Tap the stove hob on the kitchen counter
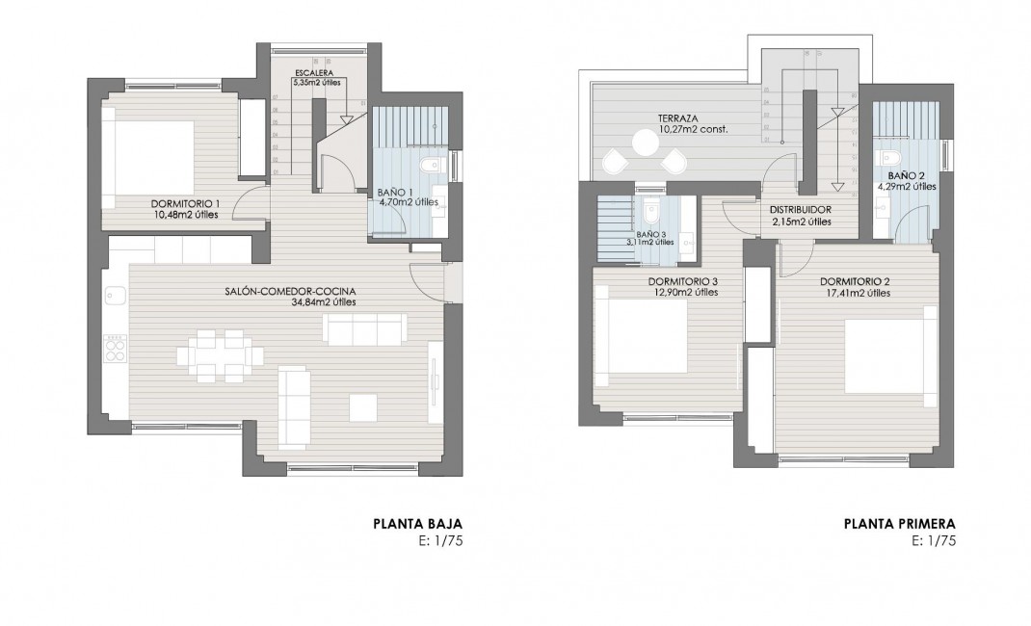pos(115,346)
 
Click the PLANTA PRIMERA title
pos(899,525)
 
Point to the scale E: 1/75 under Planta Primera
pos(933,541)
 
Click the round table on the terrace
pos(644,143)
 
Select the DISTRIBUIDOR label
pos(801,209)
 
